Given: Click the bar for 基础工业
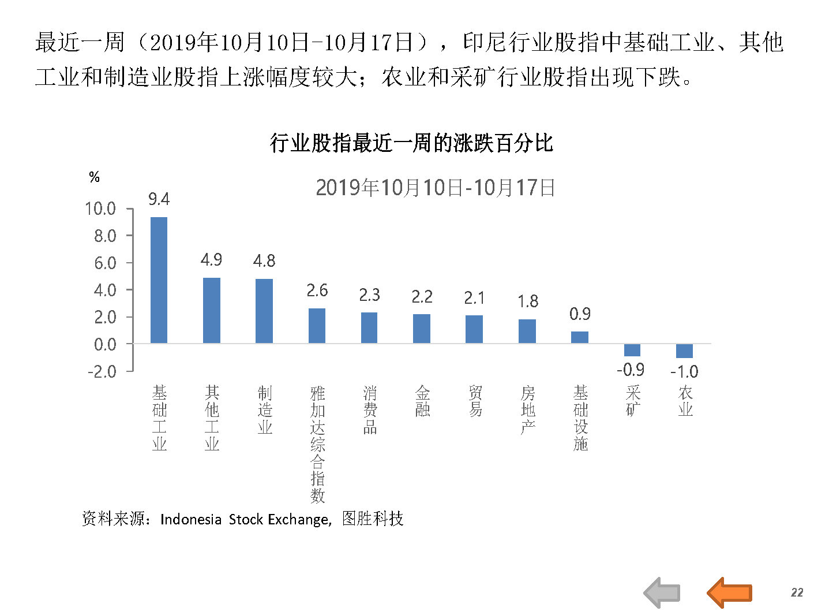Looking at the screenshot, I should click(x=159, y=280).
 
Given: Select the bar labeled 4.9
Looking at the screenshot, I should click(x=211, y=311).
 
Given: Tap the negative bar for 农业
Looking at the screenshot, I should click(x=684, y=351).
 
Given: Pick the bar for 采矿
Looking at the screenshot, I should click(x=632, y=350).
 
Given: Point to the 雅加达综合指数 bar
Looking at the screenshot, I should click(x=317, y=326).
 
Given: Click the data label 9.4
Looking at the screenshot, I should click(x=159, y=200).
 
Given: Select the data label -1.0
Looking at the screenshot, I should click(x=684, y=371).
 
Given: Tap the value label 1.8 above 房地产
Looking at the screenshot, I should click(x=527, y=301).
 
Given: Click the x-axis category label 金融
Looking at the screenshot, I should click(x=422, y=401).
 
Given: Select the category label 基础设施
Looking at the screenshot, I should click(x=580, y=418).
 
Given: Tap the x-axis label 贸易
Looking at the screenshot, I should click(x=475, y=401).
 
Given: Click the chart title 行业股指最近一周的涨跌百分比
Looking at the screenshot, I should click(x=411, y=143).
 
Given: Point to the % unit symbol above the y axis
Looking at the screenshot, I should click(x=95, y=177).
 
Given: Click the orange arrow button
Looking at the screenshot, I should click(x=729, y=593).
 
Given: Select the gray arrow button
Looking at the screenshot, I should click(x=662, y=593).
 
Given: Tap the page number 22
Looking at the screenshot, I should click(x=797, y=593).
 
